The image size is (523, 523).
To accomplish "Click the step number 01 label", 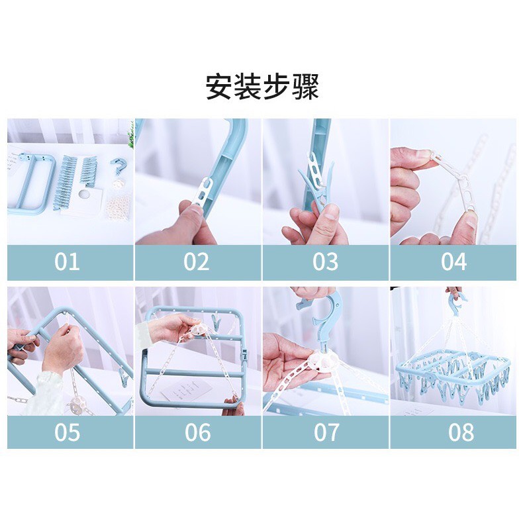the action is (x=67, y=262).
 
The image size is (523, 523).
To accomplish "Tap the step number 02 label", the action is (x=197, y=262).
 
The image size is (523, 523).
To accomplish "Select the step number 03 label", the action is (x=325, y=262).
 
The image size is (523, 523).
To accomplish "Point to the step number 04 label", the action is (x=453, y=262).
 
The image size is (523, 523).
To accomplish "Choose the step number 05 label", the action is (x=67, y=432).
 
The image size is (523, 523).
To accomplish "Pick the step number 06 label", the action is (x=198, y=432).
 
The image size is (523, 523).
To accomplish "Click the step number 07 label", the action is (x=326, y=432).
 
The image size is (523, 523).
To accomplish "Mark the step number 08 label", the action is (x=461, y=432).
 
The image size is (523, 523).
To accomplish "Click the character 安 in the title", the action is (x=219, y=87).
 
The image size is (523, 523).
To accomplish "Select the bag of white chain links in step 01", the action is (x=119, y=207).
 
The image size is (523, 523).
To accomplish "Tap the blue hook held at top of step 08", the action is (x=457, y=303).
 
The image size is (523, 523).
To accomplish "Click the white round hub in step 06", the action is (x=198, y=331).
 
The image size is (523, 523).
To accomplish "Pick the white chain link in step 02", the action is (x=204, y=193).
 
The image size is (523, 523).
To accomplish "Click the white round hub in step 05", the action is (x=77, y=405).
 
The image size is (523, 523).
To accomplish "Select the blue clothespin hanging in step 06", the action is (x=216, y=320).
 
